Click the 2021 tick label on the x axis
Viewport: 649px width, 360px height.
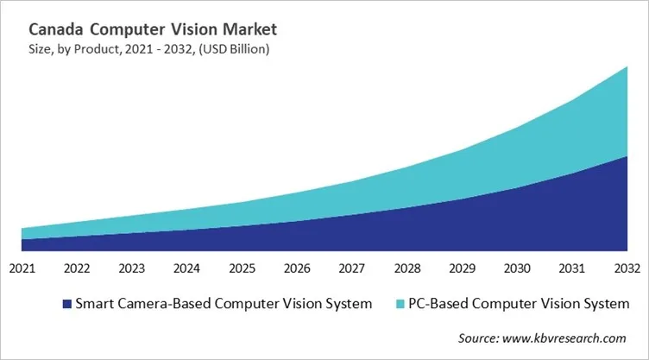coord(22,268)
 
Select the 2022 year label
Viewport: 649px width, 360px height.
coord(77,268)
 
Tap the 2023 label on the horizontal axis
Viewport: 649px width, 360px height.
coord(132,268)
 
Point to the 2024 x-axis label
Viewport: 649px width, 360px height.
coord(187,268)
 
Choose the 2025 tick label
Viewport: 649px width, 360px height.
coord(243,268)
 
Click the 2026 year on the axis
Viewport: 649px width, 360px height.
coord(298,268)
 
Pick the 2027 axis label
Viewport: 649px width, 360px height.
coord(352,268)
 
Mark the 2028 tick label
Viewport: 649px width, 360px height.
coord(407,268)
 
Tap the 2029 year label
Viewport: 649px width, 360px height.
coord(463,268)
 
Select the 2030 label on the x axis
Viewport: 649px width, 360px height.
coord(518,268)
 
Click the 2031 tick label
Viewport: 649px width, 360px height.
coord(572,268)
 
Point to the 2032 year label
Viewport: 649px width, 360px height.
coord(627,268)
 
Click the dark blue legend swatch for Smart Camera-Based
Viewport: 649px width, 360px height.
coord(66,304)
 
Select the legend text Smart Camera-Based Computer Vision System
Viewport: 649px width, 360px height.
coord(224,304)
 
